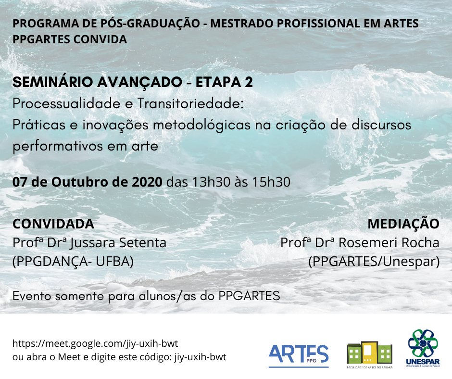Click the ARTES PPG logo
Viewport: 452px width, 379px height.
coord(299,355)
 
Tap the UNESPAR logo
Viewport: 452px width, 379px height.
coord(423,348)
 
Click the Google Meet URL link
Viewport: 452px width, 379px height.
coord(95,343)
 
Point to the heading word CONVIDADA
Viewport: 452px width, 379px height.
coord(53,224)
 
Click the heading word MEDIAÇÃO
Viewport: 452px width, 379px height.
coord(403,224)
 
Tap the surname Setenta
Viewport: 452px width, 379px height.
coord(143,242)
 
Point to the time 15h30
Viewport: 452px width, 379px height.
coord(271,182)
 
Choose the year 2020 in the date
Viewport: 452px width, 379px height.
coord(147,182)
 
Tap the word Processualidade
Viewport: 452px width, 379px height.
coord(66,103)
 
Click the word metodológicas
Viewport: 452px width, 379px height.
coord(201,126)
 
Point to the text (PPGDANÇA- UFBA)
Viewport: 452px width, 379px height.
coord(73,262)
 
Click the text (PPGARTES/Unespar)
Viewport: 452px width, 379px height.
coord(374,262)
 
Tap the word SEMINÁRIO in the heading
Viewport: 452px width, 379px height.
coord(53,82)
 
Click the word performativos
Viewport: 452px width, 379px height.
coord(58,146)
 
